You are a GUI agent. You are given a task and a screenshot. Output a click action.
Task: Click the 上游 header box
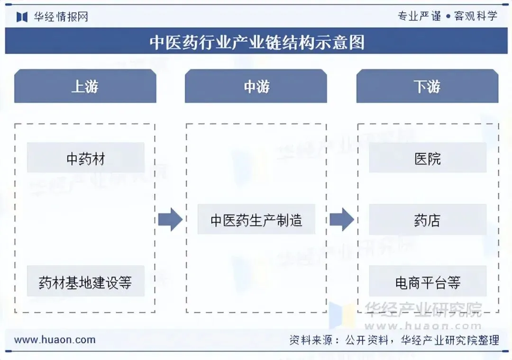[85, 86]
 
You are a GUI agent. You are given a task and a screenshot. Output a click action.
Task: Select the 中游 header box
[256, 86]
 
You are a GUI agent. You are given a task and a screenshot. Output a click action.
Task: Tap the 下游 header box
[427, 86]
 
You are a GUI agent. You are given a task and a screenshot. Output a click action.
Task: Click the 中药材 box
[85, 158]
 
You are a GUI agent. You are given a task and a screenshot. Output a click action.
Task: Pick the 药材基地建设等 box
[85, 282]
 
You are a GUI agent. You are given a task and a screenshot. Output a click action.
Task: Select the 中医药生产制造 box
[256, 220]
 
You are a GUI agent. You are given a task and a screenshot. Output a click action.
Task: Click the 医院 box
[428, 158]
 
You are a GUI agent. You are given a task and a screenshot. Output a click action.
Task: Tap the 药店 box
[428, 220]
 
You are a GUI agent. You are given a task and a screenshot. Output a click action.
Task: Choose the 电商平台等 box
[428, 282]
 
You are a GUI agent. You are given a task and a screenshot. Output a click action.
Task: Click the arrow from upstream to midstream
[170, 220]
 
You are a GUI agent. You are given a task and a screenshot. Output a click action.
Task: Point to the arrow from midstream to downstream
[341, 220]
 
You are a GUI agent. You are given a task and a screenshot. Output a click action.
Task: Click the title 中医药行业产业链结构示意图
[256, 42]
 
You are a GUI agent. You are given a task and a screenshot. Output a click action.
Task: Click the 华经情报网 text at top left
[61, 17]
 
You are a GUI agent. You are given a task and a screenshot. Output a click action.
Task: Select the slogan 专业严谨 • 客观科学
[447, 16]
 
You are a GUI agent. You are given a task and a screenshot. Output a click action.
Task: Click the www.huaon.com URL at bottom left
[55, 340]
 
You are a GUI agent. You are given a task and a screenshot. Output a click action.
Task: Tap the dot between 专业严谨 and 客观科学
[447, 16]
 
